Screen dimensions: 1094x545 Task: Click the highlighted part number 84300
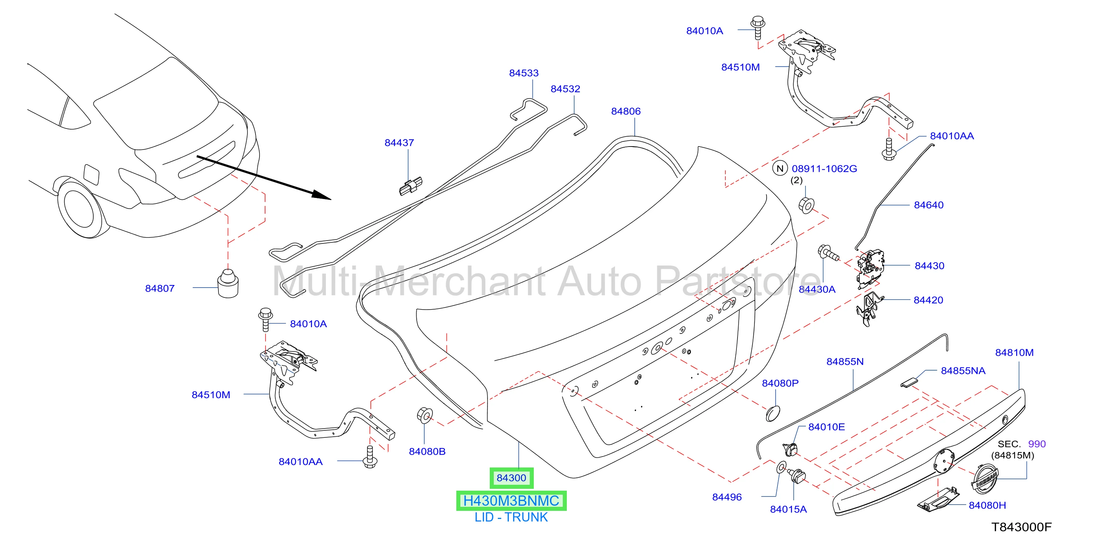pyautogui.click(x=511, y=478)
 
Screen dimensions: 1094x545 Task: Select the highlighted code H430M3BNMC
pyautogui.click(x=511, y=501)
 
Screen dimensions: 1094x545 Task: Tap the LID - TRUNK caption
pyautogui.click(x=511, y=517)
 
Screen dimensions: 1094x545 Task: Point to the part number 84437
pyautogui.click(x=399, y=143)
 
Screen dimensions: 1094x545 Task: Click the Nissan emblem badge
pyautogui.click(x=985, y=479)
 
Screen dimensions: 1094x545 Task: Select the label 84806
pyautogui.click(x=626, y=111)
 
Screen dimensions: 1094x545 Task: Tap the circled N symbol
pyautogui.click(x=780, y=169)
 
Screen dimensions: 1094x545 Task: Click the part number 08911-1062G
pyautogui.click(x=824, y=169)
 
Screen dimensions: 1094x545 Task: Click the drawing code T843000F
pyautogui.click(x=1021, y=527)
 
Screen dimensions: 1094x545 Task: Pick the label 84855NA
pyautogui.click(x=963, y=371)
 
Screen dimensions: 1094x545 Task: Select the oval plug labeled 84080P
pyautogui.click(x=773, y=414)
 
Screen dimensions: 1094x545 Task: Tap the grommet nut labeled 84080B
pyautogui.click(x=425, y=415)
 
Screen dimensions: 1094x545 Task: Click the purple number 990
pyautogui.click(x=1037, y=444)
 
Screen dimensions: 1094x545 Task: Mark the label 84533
pyautogui.click(x=524, y=73)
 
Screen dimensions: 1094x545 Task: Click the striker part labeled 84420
pyautogui.click(x=869, y=309)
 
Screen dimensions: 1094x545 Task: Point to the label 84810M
pyautogui.click(x=1014, y=353)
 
